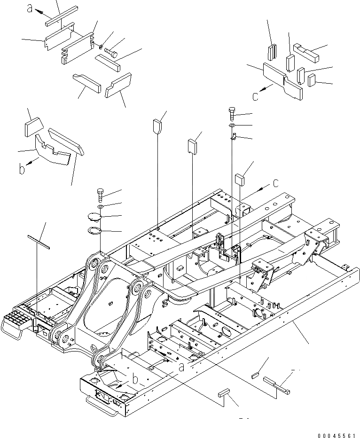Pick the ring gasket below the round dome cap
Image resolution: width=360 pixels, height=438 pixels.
point(99,231)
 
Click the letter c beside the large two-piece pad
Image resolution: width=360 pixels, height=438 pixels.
point(256,97)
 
